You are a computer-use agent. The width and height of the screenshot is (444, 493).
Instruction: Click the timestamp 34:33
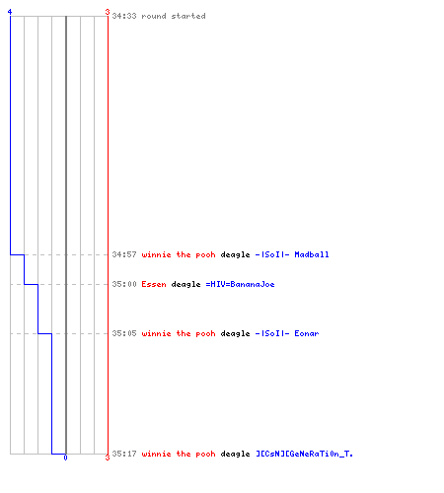tap(124, 16)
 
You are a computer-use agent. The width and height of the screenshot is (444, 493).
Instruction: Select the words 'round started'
tap(174, 16)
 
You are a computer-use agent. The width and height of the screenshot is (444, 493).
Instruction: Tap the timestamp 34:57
tap(124, 254)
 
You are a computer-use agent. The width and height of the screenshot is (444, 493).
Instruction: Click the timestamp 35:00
tap(124, 284)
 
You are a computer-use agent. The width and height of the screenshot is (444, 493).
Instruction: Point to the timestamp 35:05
tap(124, 333)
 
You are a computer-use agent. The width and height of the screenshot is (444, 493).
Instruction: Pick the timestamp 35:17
tap(124, 454)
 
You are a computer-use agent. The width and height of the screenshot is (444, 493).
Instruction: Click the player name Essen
tap(154, 284)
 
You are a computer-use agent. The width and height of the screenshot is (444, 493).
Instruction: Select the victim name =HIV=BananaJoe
tap(240, 284)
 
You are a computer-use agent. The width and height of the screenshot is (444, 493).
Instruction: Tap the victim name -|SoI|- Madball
tap(292, 254)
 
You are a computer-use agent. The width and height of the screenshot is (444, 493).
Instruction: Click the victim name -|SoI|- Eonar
tap(287, 333)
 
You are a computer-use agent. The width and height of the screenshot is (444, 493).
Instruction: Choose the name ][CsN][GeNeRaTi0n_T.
tap(304, 454)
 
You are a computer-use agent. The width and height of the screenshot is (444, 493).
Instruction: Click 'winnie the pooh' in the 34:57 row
tap(179, 254)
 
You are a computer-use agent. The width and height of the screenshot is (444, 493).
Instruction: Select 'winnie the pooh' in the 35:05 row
tap(179, 333)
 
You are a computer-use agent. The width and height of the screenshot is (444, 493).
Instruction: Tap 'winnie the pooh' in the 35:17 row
tap(179, 454)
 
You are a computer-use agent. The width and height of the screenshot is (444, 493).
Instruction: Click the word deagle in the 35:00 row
tap(185, 285)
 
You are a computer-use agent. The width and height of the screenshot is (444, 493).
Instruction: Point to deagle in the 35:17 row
tap(235, 455)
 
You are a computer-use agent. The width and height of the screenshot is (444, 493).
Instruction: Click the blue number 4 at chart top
tap(10, 12)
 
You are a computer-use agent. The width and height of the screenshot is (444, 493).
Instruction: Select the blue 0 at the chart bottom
tap(65, 458)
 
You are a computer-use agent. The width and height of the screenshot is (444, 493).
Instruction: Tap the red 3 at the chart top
tap(108, 12)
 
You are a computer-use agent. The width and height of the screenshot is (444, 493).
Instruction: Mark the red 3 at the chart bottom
tap(108, 458)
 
